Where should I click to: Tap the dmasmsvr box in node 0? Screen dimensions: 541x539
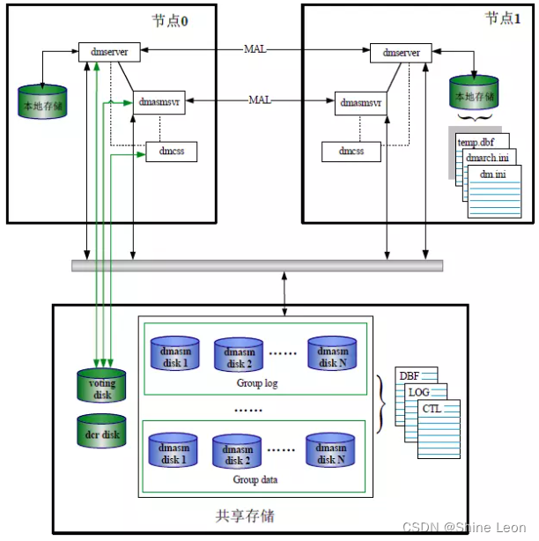(x=159, y=101)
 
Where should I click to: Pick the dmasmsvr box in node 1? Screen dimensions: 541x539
(x=360, y=102)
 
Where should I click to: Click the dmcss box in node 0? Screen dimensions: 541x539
(x=171, y=152)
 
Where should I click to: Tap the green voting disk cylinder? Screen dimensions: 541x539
(x=101, y=384)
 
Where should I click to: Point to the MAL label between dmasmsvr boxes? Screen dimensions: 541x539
(x=259, y=100)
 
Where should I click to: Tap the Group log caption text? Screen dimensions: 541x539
(x=257, y=383)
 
